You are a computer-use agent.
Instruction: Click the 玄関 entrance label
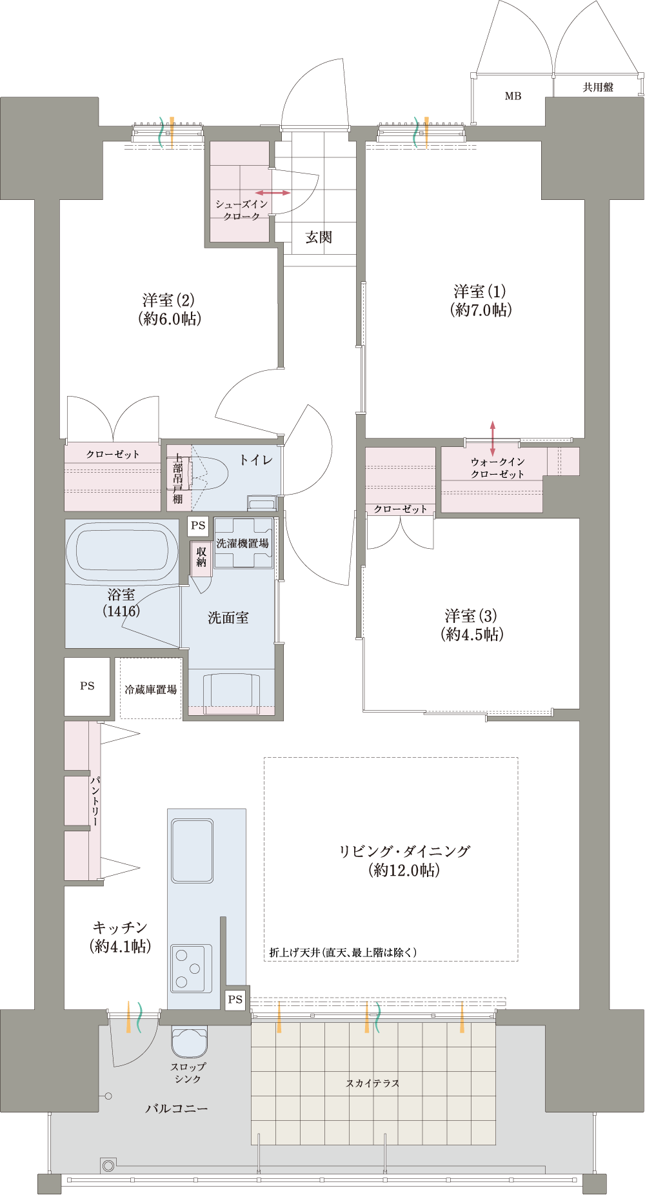coord(319,237)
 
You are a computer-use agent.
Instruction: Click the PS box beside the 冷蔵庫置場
coord(87,686)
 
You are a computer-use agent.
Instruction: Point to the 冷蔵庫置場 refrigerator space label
coord(151,689)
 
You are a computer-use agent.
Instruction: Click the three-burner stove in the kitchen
coord(192,968)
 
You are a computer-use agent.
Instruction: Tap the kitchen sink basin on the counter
coord(192,851)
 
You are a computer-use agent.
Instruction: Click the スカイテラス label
coord(373,1083)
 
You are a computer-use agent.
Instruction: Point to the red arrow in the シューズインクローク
coord(273,193)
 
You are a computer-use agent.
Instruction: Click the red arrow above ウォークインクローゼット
coord(493,439)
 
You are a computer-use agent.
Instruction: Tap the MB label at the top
coord(513,96)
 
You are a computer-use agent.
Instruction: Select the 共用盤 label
coord(598,87)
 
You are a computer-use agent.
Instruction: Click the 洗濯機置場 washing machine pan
coord(244,543)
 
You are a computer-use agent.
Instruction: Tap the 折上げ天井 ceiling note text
coord(343,952)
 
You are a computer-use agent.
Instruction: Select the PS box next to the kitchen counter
coord(235,999)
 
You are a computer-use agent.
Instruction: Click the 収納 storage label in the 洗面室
coord(201,557)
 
